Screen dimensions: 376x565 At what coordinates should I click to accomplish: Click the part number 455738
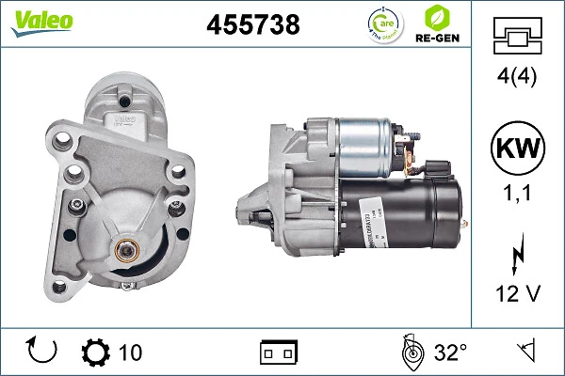tap(252, 25)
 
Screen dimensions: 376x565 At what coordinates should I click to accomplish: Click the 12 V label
tap(517, 293)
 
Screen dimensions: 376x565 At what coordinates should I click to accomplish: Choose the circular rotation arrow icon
tap(43, 352)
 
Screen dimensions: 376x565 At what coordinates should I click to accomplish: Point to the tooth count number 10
tap(130, 352)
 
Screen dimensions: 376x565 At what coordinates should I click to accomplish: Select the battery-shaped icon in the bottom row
tap(279, 352)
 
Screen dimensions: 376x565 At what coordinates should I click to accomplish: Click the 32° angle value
tap(450, 352)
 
